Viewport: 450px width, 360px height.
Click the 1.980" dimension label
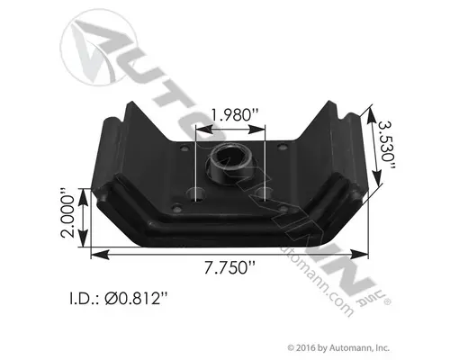(x=232, y=114)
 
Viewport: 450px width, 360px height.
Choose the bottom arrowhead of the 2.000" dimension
(x=86, y=243)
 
